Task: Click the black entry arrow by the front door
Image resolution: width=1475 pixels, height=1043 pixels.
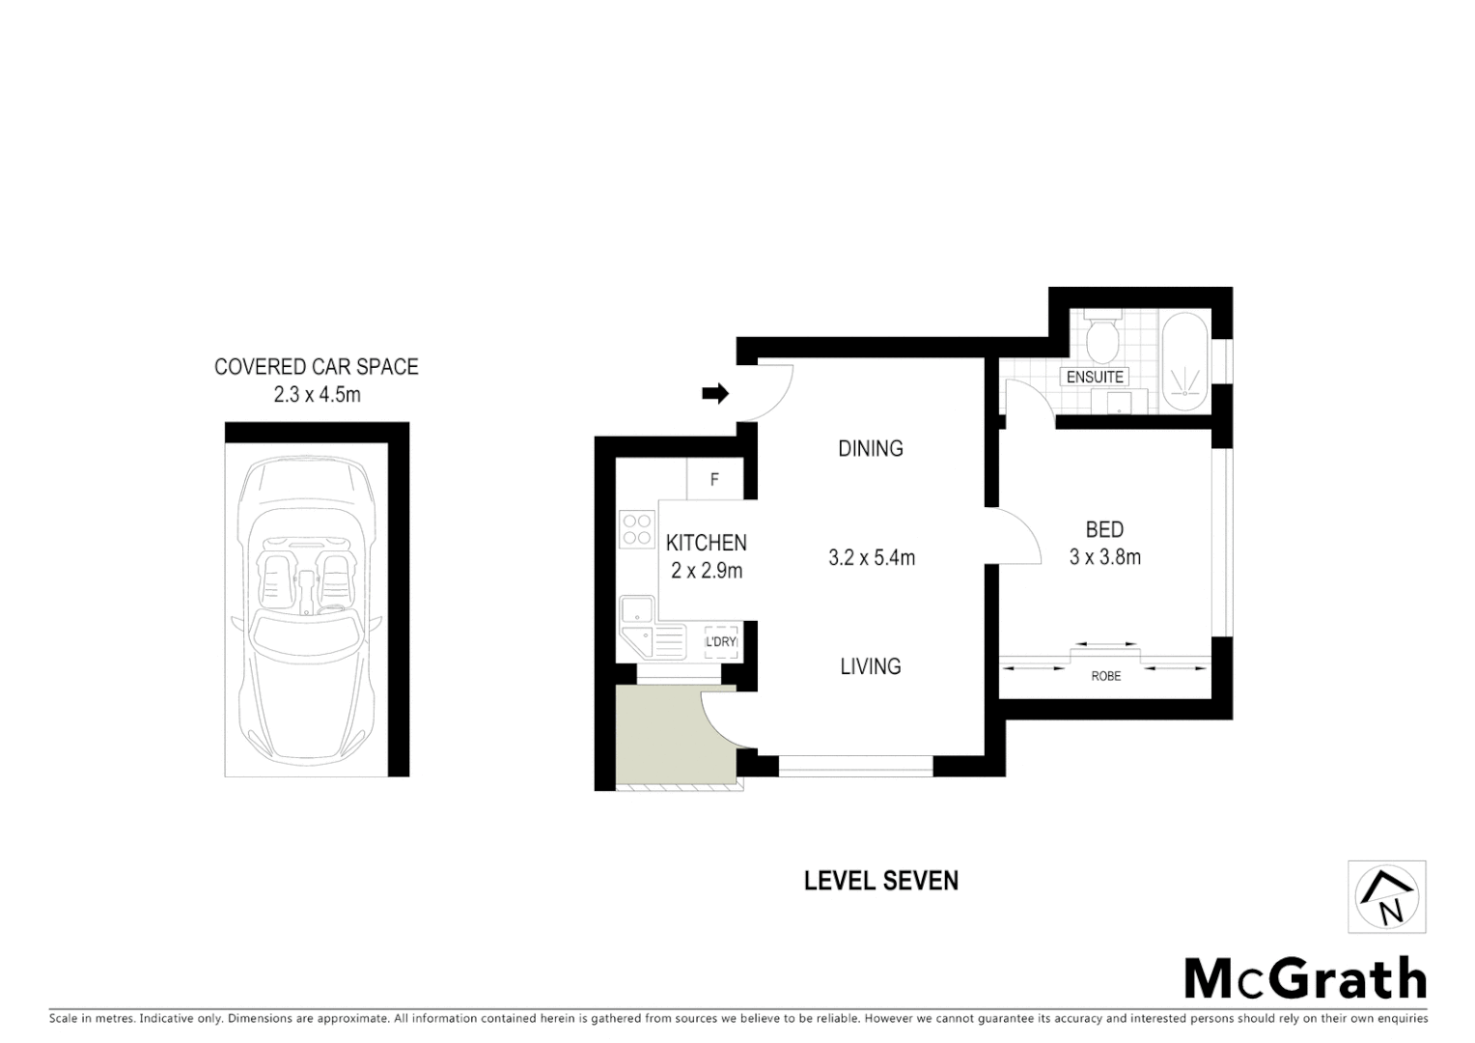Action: pyautogui.click(x=715, y=393)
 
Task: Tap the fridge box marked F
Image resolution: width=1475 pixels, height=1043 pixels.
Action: pyautogui.click(x=714, y=479)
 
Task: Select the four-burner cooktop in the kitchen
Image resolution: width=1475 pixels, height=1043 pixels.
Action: pyautogui.click(x=636, y=529)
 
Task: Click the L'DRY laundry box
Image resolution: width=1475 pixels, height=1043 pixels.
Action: pyautogui.click(x=721, y=642)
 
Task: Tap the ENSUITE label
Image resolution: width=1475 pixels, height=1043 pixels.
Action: pyautogui.click(x=1095, y=378)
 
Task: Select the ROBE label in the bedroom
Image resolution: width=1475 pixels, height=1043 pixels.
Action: pyautogui.click(x=1106, y=676)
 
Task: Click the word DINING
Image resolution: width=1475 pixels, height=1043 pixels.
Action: pyautogui.click(x=871, y=448)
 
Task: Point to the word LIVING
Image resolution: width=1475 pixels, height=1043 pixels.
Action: pyautogui.click(x=871, y=666)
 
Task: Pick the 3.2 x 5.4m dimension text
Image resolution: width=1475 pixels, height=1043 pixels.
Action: pyautogui.click(x=872, y=557)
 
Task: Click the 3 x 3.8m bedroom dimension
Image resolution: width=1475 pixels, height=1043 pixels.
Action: pyautogui.click(x=1105, y=557)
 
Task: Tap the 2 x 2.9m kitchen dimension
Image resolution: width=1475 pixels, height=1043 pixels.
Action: pyautogui.click(x=707, y=571)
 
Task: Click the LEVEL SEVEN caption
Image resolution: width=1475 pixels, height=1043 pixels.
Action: pyautogui.click(x=881, y=881)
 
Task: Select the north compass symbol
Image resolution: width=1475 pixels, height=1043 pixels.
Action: pyautogui.click(x=1387, y=897)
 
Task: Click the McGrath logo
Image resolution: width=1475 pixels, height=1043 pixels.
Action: pyautogui.click(x=1305, y=979)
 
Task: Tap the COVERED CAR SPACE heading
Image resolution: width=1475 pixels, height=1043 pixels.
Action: pyautogui.click(x=317, y=367)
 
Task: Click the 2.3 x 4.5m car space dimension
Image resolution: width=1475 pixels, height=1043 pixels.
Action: pyautogui.click(x=317, y=394)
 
